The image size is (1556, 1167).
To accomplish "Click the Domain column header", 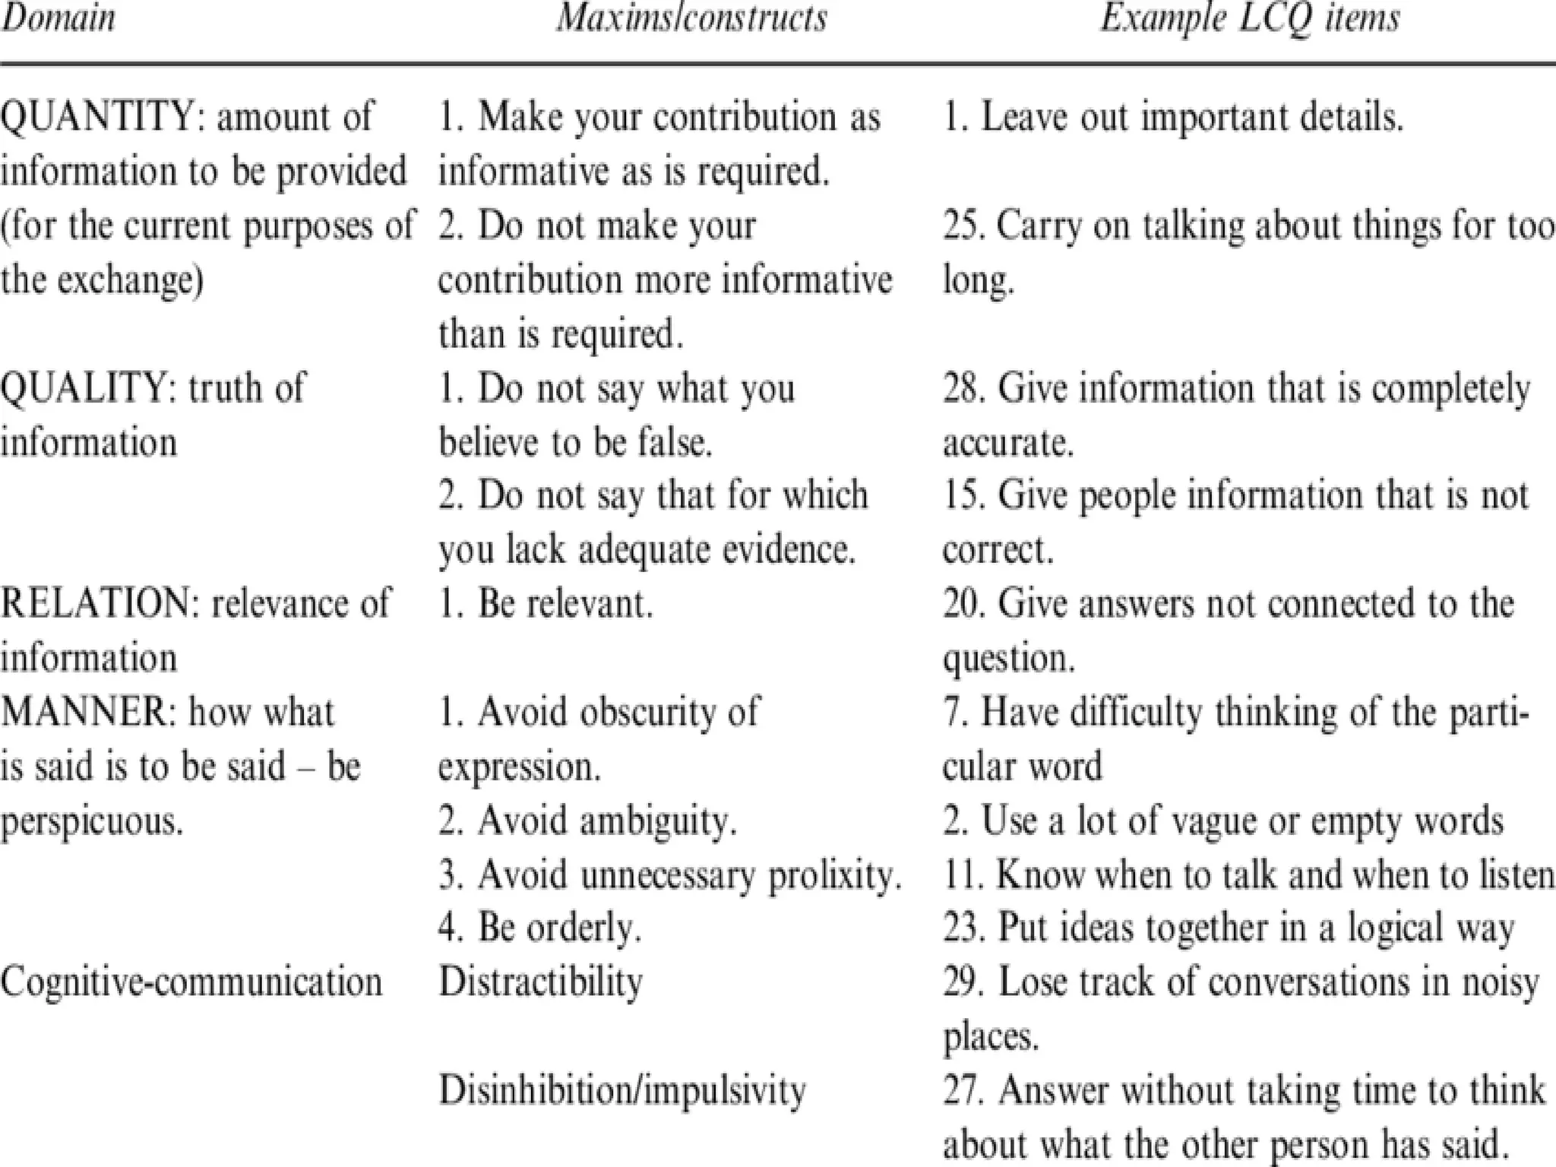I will click(58, 18).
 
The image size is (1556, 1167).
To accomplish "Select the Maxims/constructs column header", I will click(691, 18).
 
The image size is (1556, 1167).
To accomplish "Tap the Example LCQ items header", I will click(1250, 18).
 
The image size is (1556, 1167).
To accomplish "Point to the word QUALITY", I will click(88, 388).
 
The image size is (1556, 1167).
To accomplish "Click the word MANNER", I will click(87, 713).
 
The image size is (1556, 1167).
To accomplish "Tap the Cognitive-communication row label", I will click(191, 982).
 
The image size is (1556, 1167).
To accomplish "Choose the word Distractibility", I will click(541, 982).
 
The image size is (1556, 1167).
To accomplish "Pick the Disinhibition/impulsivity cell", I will click(622, 1090).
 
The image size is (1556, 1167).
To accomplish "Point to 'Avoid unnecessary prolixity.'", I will click(670, 874).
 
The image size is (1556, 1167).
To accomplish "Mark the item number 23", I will click(963, 928).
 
